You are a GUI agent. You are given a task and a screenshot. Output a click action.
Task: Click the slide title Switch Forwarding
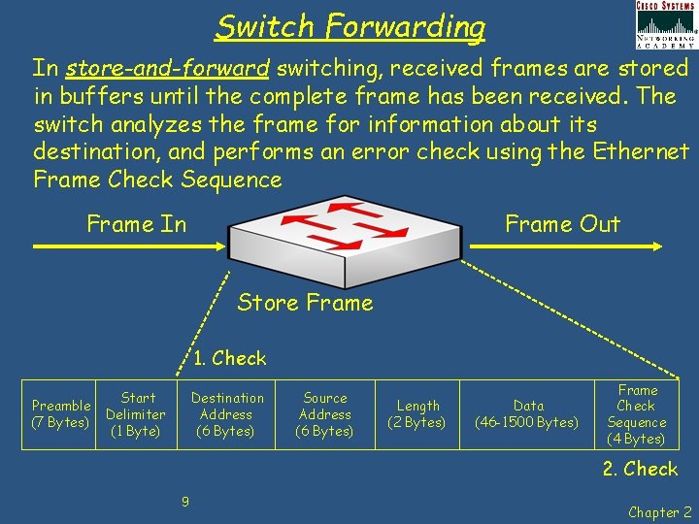point(350,26)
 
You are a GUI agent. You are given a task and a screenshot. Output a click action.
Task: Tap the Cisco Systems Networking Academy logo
point(665,25)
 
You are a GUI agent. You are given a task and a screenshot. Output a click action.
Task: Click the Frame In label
point(136,224)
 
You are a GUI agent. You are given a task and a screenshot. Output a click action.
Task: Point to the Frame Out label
point(562,224)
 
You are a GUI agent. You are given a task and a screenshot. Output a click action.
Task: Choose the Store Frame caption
point(305,303)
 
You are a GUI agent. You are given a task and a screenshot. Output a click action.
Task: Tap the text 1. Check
point(229,358)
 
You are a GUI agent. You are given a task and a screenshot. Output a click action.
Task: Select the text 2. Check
point(640,469)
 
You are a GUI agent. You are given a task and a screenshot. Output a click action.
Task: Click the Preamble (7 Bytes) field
point(60,414)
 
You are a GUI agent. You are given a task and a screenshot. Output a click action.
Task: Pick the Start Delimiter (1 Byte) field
point(136,414)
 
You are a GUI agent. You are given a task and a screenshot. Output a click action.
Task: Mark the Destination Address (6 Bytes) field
point(227,414)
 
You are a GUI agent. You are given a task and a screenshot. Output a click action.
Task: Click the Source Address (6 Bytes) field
point(325,414)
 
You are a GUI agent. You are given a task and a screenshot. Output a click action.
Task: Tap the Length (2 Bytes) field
point(417,414)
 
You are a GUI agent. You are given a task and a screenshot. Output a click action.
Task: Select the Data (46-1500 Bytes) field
point(528,414)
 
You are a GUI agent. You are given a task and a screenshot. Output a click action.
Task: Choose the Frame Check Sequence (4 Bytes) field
point(637,414)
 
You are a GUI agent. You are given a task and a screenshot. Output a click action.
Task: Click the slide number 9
point(184,502)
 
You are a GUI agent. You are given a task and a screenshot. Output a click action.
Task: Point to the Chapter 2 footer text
point(660,512)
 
